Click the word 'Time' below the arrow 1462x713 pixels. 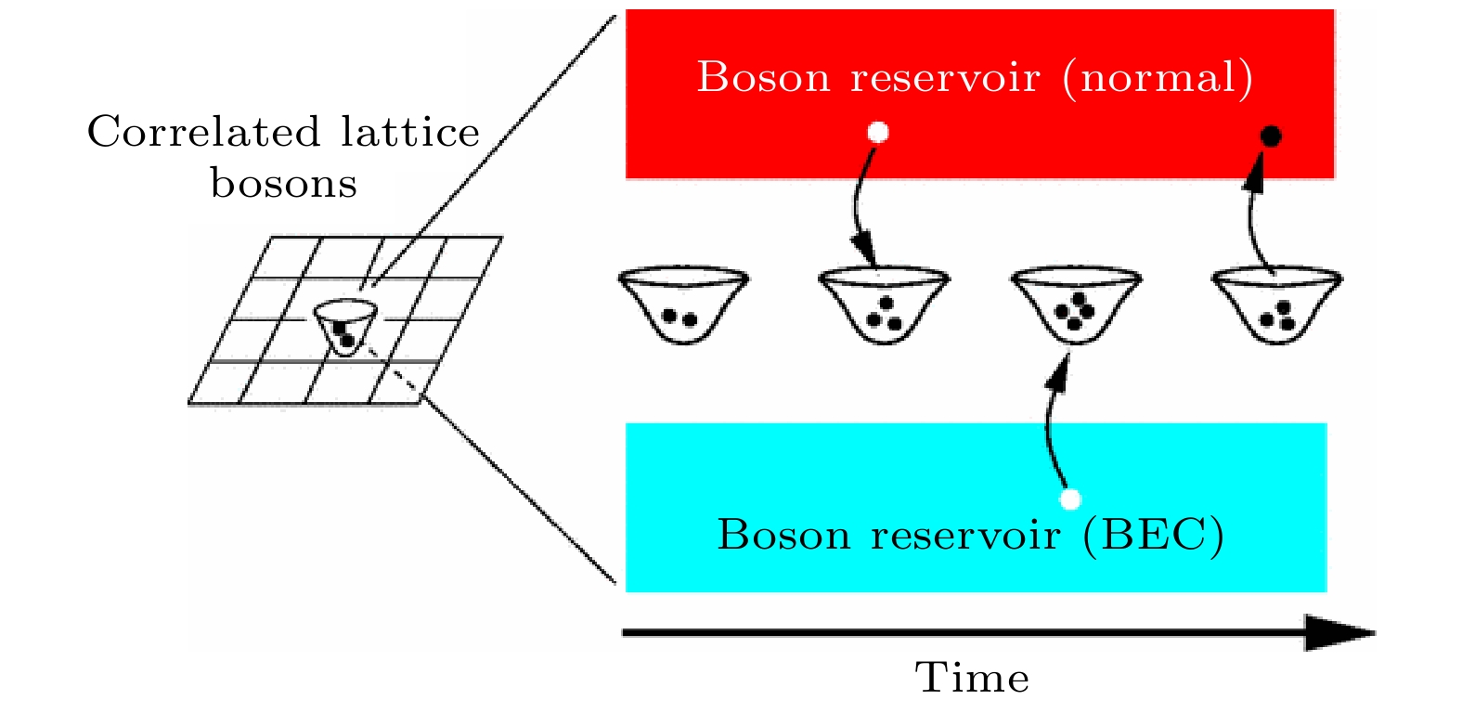pyautogui.click(x=973, y=678)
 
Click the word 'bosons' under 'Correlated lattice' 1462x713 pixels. pyautogui.click(x=284, y=184)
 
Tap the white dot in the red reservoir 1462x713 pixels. pyautogui.click(x=878, y=133)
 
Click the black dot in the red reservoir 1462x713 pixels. pyautogui.click(x=1271, y=136)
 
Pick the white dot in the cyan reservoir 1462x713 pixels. pyautogui.click(x=1070, y=499)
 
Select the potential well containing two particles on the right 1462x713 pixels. pyautogui.click(x=683, y=305)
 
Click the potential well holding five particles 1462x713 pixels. pyautogui.click(x=1077, y=305)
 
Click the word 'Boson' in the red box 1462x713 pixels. pyautogui.click(x=763, y=78)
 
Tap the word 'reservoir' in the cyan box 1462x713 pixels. pyautogui.click(x=965, y=537)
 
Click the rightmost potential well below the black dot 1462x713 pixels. pyautogui.click(x=1277, y=305)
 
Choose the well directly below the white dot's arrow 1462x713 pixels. pyautogui.click(x=885, y=305)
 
